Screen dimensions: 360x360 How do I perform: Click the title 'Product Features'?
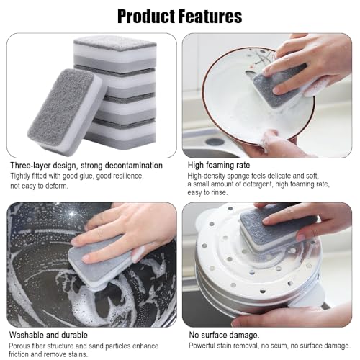(179, 16)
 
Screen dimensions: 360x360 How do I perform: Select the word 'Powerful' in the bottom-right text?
(204, 345)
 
